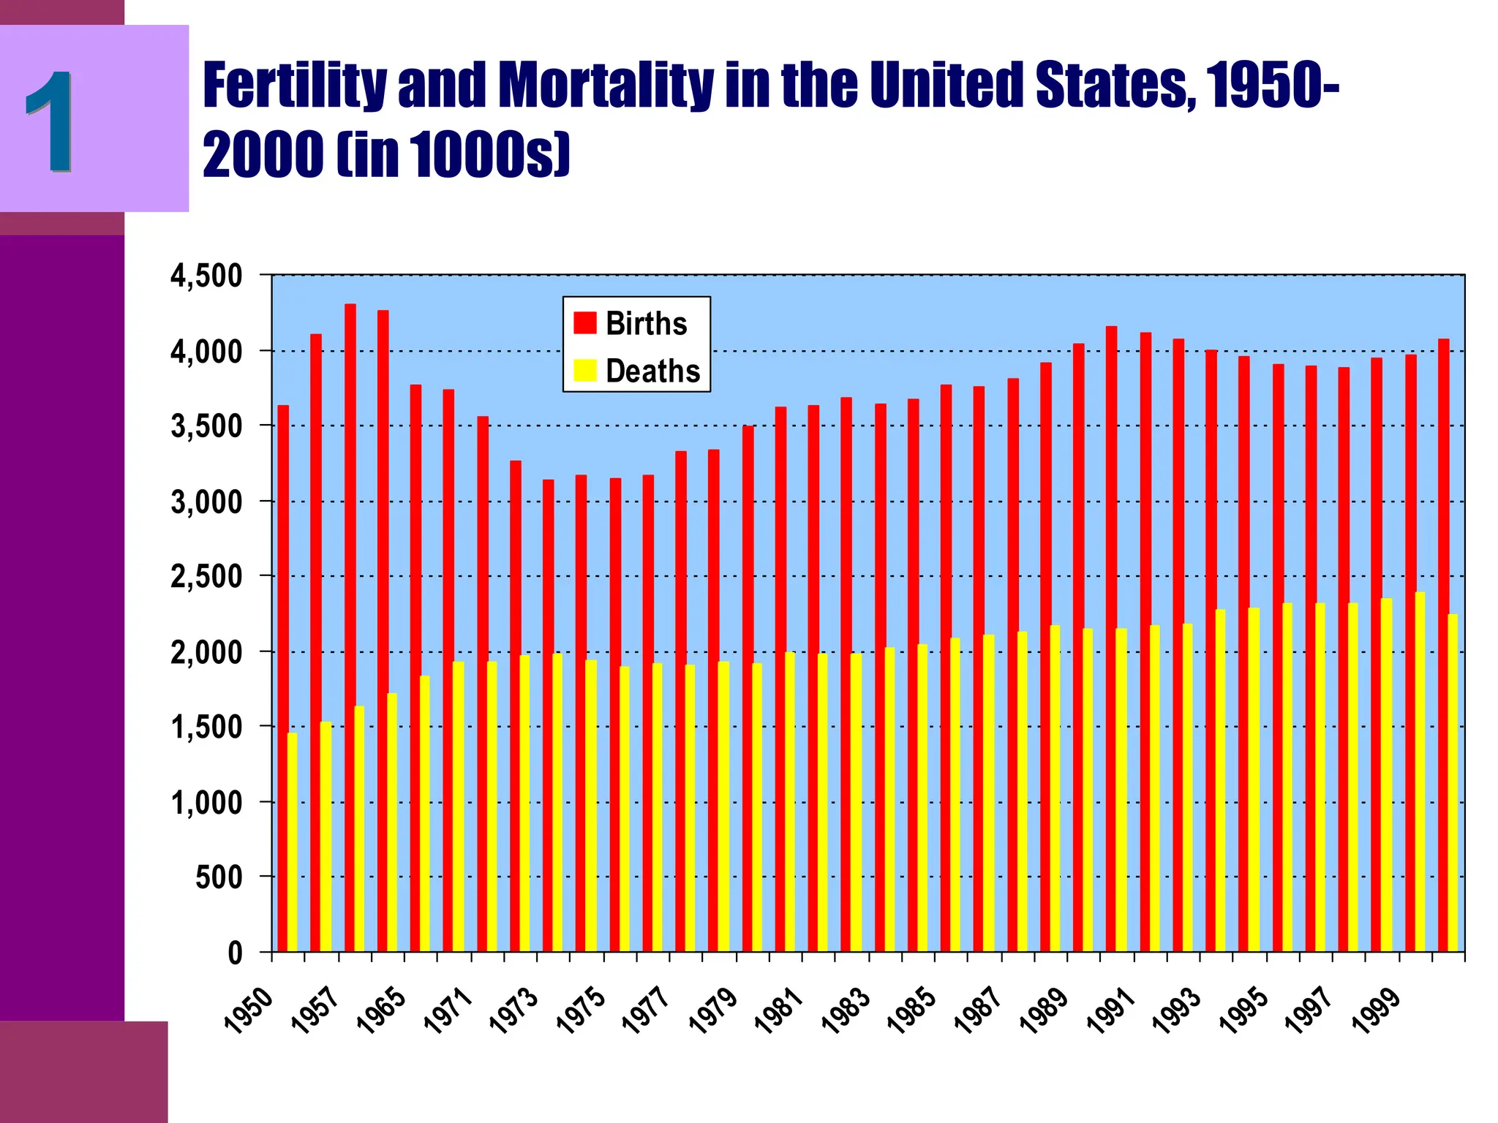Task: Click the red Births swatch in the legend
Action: pyautogui.click(x=584, y=322)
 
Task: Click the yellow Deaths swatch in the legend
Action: pyautogui.click(x=584, y=370)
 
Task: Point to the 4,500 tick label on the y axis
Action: pyautogui.click(x=206, y=277)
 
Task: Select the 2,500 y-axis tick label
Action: pyautogui.click(x=206, y=577)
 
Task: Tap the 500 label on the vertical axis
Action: pyautogui.click(x=218, y=877)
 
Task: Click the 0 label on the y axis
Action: pyautogui.click(x=235, y=953)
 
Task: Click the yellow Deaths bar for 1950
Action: pyautogui.click(x=293, y=841)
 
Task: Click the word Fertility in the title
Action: pyautogui.click(x=293, y=85)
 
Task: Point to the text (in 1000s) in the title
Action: pyautogui.click(x=453, y=155)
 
